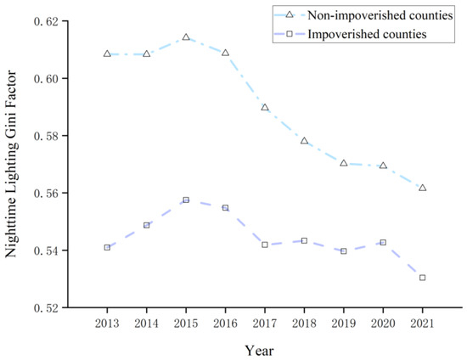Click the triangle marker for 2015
(x=186, y=37)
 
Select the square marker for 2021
(x=422, y=278)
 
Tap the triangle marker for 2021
(x=422, y=188)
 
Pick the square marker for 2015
(x=186, y=200)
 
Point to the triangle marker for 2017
(x=265, y=108)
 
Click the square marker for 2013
(x=107, y=247)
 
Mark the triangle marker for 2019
(x=343, y=163)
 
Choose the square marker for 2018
(x=304, y=240)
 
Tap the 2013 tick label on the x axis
(x=107, y=323)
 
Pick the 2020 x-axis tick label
(x=383, y=323)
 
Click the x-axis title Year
(x=262, y=348)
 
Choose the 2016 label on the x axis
(x=225, y=323)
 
